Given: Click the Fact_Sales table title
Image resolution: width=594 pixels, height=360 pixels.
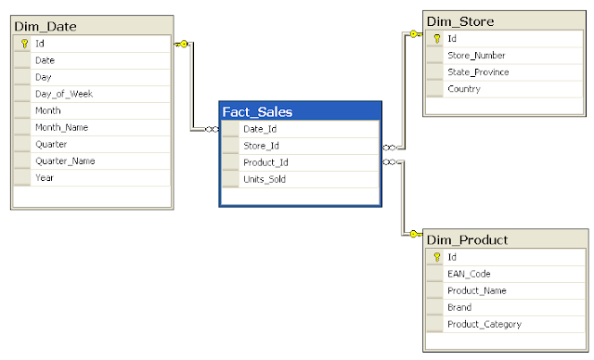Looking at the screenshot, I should point(257,112).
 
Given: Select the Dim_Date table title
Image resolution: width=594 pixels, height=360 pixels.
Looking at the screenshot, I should point(45,24).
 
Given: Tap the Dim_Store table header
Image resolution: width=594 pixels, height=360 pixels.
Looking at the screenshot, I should point(459,21).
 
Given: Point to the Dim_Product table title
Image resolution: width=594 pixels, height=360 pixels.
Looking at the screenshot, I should point(467,239).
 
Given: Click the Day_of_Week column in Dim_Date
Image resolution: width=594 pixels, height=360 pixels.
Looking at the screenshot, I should point(63,94).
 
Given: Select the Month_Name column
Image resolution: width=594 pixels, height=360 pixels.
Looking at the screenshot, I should point(61,127).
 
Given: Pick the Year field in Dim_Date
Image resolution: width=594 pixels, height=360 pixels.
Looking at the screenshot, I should point(44,177).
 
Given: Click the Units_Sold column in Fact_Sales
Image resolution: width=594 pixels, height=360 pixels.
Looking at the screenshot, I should point(264,179).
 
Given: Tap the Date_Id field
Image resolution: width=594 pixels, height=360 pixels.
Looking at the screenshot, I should point(259,129).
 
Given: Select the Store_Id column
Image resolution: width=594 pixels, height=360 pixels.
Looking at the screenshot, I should point(261,146).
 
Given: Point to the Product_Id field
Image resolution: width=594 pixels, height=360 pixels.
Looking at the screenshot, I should point(265,162).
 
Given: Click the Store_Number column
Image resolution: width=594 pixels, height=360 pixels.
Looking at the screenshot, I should point(477,56).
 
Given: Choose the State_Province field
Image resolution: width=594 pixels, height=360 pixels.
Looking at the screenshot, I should point(478,72).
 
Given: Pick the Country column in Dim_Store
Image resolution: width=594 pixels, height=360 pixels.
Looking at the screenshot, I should point(464,89).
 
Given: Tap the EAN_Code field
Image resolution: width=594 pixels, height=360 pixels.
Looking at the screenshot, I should point(469,274).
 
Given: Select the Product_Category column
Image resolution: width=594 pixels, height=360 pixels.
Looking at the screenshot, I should point(484,324).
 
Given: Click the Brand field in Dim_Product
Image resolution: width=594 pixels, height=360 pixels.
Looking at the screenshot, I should point(459,307).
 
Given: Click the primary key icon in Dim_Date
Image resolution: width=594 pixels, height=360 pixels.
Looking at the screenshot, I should point(23,44).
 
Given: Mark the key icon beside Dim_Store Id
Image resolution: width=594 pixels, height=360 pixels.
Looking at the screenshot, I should point(435,39).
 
